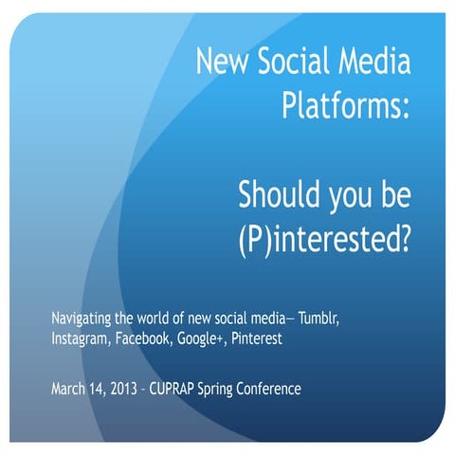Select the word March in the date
point(69,390)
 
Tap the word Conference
point(303,390)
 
